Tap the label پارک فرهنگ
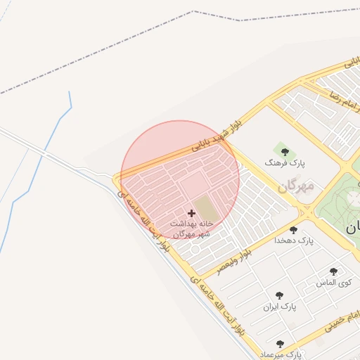point(281,162)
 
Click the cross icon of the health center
point(191,212)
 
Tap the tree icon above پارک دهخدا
point(293,230)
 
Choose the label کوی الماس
point(335,283)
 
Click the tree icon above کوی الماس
point(333,271)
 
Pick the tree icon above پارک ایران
point(280,296)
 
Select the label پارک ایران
point(281,307)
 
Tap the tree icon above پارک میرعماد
point(281,344)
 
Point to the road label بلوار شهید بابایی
point(220,136)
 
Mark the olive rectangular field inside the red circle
point(205,207)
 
